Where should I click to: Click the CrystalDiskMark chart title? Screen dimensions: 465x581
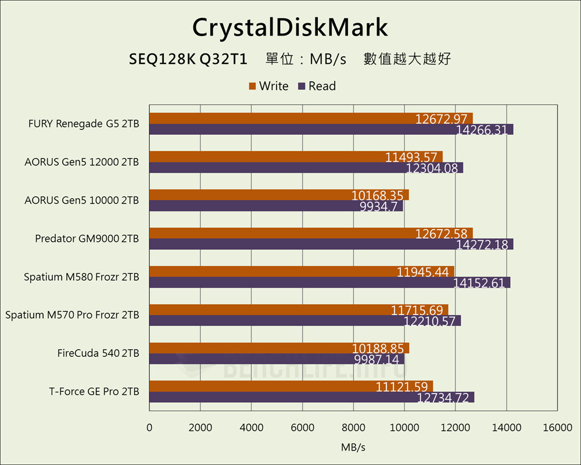[290, 27]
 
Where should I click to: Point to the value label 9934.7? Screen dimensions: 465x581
[379, 206]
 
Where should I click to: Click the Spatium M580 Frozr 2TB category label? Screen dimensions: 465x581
[81, 277]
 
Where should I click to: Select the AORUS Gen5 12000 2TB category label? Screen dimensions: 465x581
[81, 162]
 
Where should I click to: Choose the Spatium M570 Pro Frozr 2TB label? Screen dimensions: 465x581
[72, 315]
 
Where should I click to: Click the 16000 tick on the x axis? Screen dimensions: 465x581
[557, 428]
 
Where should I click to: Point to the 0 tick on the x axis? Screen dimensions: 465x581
[149, 428]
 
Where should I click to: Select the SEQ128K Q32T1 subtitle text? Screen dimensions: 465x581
[189, 59]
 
